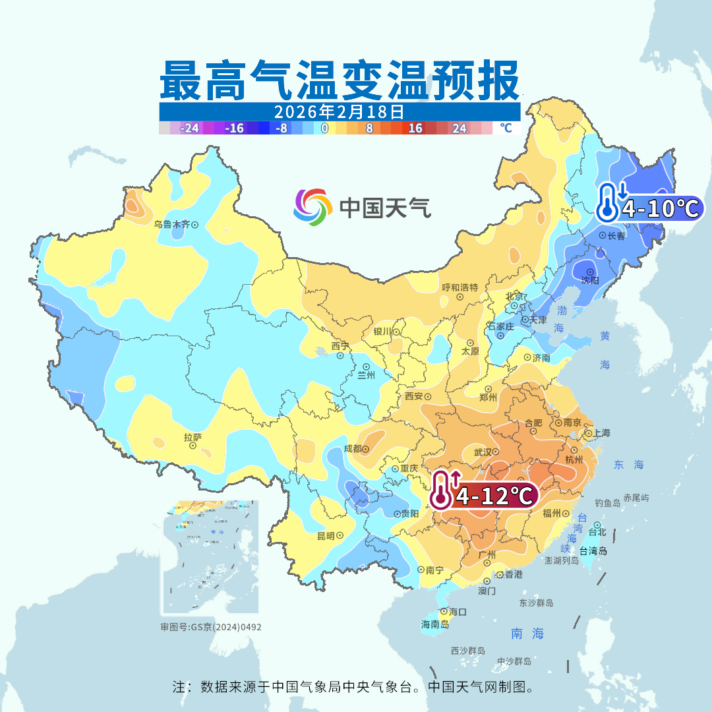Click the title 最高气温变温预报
pos(340,81)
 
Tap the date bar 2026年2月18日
pos(340,111)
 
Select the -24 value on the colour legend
pos(191,129)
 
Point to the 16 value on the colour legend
pos(415,129)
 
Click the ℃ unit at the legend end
pos(506,128)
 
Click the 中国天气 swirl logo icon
pos(312,207)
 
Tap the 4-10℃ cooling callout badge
pos(649,208)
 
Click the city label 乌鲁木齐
pos(171,225)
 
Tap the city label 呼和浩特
pos(460,288)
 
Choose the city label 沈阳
pos(590,280)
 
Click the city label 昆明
pos(326,535)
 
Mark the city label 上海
pos(601,433)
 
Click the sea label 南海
pos(527,634)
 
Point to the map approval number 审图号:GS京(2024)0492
pos(210,627)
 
